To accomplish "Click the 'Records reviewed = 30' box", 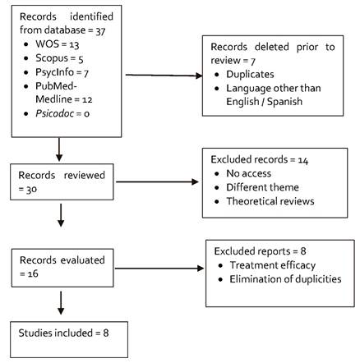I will (59, 181).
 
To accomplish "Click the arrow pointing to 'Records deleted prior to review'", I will (165, 76).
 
